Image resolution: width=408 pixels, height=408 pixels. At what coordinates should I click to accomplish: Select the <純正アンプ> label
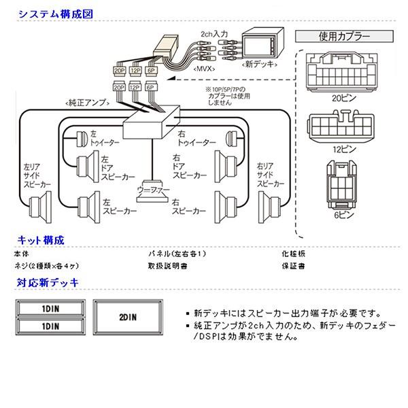pos(85,102)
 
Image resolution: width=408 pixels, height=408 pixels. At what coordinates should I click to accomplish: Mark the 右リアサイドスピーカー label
pos(270,174)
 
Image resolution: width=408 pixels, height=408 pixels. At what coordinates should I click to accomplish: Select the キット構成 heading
pos(40,239)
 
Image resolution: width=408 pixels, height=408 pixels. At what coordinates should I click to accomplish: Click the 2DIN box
pos(127,316)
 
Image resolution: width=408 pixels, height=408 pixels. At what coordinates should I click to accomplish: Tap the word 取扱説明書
pos(167,266)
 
